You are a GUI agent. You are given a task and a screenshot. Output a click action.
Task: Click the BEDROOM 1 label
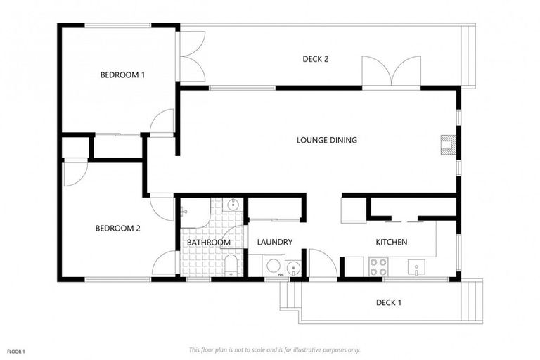pos(122,75)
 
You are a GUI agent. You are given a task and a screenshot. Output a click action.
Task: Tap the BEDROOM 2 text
pos(118,228)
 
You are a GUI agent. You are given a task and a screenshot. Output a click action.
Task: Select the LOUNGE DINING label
pos(326,140)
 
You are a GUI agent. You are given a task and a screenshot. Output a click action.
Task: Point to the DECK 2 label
pos(316,59)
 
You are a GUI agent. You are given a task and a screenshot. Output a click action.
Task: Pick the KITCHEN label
pos(392,242)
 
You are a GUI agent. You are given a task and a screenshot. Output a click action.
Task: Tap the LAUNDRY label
pos(274,242)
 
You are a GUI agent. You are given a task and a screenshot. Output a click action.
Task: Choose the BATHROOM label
pos(208,243)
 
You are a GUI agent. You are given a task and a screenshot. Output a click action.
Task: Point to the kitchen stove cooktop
pos(378,267)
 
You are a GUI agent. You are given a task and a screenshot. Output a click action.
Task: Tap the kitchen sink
pos(416,267)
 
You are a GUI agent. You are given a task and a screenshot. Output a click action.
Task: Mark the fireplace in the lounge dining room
pos(447,144)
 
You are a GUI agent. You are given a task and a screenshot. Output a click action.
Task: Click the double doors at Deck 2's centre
pos(392,71)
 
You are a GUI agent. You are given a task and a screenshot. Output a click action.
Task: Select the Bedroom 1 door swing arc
pos(162,122)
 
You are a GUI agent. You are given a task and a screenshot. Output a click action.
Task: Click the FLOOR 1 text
pos(16,351)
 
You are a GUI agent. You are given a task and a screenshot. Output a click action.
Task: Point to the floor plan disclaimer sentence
pos(274,349)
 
